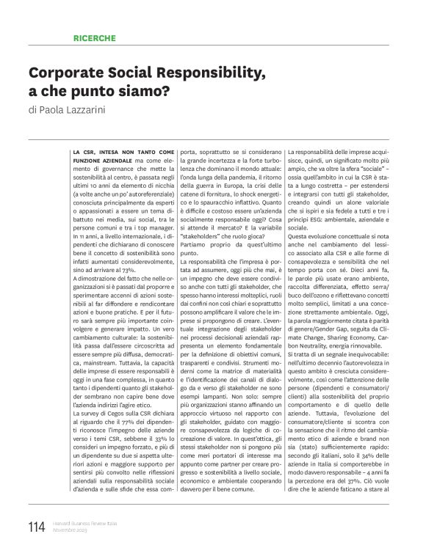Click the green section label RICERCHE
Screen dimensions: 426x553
pyautogui.click(x=93, y=37)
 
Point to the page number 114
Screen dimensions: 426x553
pyautogui.click(x=35, y=526)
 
